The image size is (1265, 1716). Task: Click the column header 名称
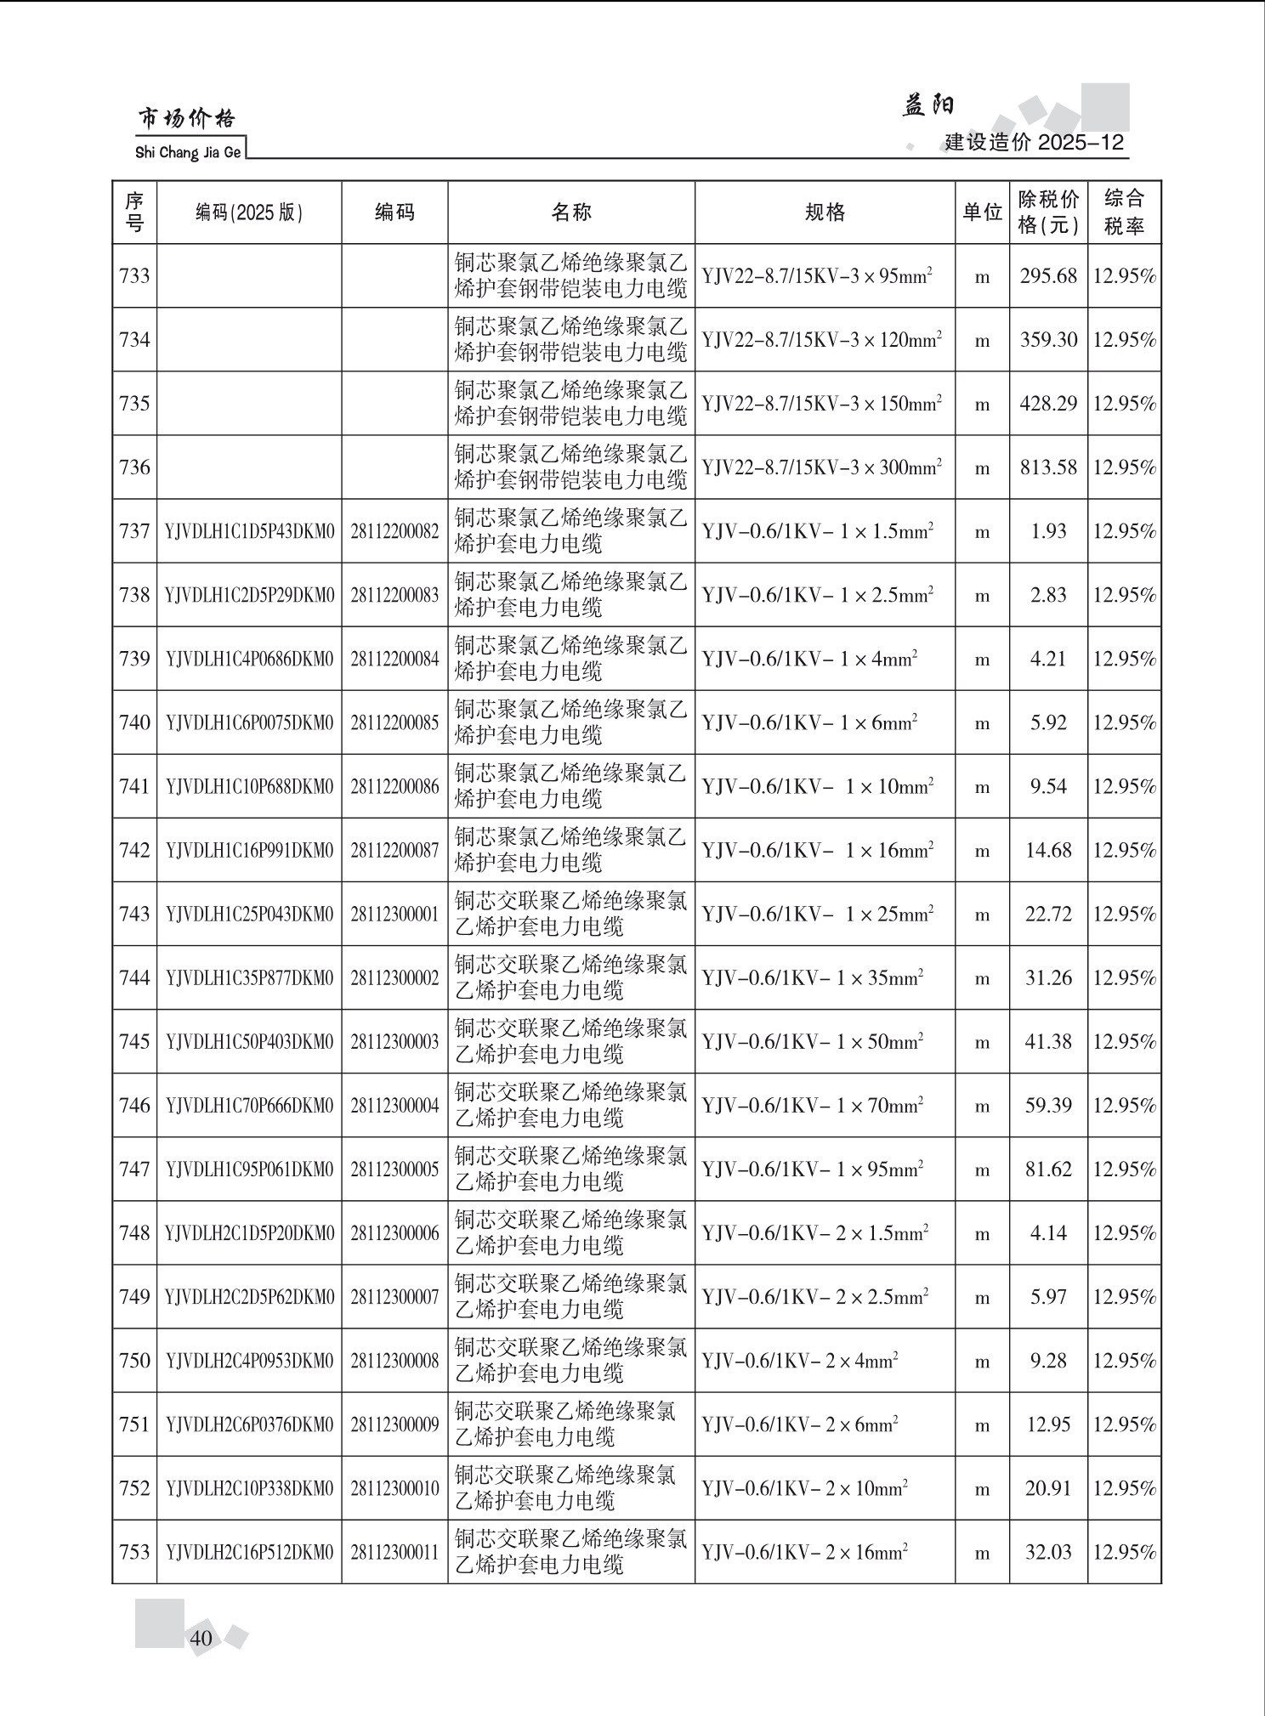coord(570,212)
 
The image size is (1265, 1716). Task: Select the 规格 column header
coord(825,212)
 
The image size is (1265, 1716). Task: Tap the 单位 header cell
coord(982,212)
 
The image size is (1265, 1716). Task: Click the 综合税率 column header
coord(1124,212)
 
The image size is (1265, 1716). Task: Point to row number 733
coord(134,276)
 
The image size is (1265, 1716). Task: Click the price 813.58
coord(1048,467)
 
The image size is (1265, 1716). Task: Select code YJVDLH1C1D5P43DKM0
coord(249,531)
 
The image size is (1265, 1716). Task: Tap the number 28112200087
coord(394,850)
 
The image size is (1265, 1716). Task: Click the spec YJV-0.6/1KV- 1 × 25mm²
coord(818,915)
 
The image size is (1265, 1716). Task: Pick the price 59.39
coord(1048,1106)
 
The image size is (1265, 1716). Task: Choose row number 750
coord(134,1361)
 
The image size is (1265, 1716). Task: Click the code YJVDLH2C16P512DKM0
coord(249,1553)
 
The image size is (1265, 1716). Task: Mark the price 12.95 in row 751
coord(1048,1424)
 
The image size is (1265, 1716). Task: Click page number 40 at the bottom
coord(201,1638)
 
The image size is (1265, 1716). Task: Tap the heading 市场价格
coord(187,119)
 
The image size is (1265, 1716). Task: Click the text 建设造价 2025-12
coord(1034,142)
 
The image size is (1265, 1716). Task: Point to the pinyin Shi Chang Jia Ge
coord(188,153)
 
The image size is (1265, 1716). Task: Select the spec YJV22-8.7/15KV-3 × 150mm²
coord(821,404)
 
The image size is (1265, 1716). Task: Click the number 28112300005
coord(394,1169)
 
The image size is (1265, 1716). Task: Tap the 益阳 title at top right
coord(928,105)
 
